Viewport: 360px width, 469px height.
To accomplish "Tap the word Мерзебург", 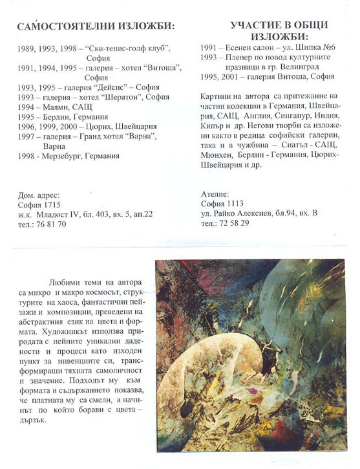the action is [x=64, y=156].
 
